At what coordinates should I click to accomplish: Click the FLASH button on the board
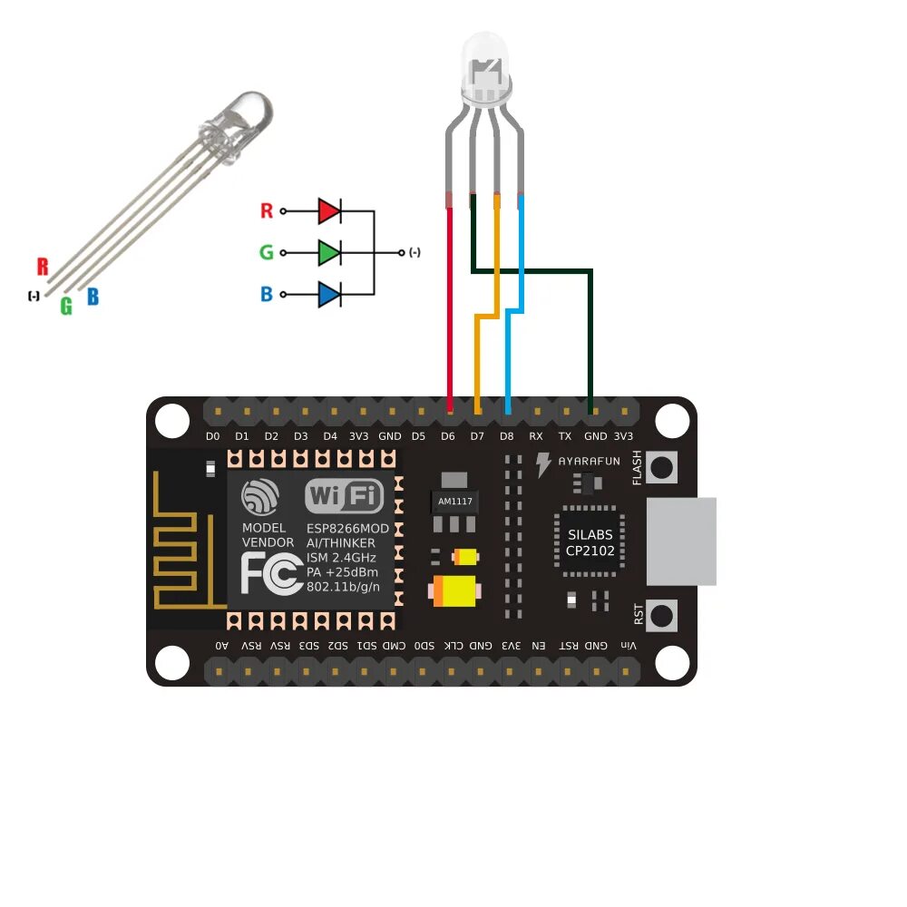tap(664, 467)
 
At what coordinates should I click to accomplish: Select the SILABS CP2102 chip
tap(590, 542)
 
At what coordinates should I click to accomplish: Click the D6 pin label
tap(447, 436)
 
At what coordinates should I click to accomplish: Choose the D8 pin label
tap(506, 436)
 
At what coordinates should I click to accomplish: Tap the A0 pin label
tap(221, 646)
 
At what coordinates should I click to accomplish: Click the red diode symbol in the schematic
tap(329, 211)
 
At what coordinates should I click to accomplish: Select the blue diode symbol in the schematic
tap(329, 294)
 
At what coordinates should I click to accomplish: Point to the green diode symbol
tap(329, 252)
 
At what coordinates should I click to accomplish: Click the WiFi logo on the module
tap(345, 496)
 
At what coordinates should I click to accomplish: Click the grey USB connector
tap(682, 541)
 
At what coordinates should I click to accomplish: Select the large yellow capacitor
tap(456, 591)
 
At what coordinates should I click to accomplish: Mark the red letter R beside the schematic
tap(267, 211)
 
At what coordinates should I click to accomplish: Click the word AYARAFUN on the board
tap(589, 462)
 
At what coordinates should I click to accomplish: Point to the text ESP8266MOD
tap(347, 528)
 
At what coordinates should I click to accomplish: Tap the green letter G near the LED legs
tap(66, 307)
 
